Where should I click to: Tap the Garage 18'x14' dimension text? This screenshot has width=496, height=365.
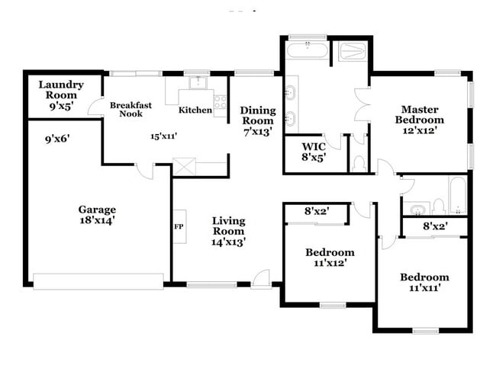coord(97,221)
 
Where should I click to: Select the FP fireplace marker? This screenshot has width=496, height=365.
coord(179,226)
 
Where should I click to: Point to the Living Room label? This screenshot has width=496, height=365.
coord(228,226)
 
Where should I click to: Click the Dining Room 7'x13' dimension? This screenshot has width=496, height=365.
coord(257,133)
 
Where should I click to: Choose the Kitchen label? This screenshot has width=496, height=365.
coord(195,110)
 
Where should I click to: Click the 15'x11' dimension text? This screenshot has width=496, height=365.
coord(163,136)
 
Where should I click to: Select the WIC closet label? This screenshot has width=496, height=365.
coord(314,146)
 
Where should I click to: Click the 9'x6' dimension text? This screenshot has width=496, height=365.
coord(58,139)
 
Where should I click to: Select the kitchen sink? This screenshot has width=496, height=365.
coord(196,82)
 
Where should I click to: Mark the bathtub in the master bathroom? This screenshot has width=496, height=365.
coord(308,52)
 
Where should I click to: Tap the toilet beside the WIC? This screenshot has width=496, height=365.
coord(359,162)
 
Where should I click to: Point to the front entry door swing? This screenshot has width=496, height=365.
coord(262,278)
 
